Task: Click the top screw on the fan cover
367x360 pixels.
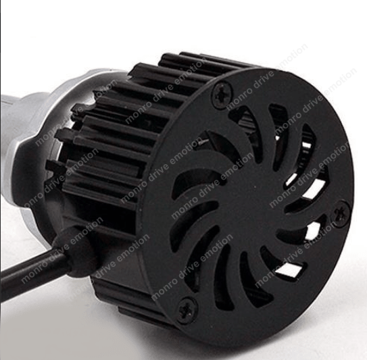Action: (223, 95)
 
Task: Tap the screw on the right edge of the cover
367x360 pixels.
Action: (341, 214)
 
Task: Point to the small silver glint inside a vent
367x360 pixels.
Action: (201, 141)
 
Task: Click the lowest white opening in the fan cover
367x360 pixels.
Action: (290, 269)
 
